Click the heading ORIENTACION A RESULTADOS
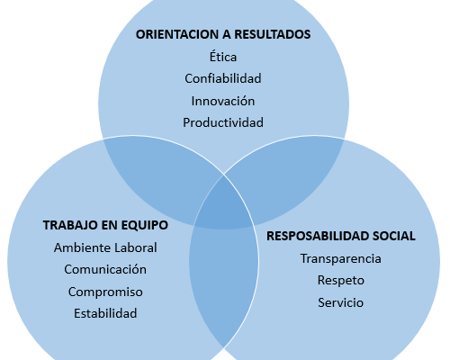[223, 34]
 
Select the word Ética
[223, 57]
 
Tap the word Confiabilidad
[223, 78]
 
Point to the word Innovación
[223, 101]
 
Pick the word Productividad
[223, 122]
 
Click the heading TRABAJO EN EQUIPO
[105, 225]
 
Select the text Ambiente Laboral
[105, 247]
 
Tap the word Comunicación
[105, 269]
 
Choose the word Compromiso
[105, 292]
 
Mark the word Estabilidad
[105, 313]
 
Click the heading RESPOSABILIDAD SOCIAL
[341, 236]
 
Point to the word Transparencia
[341, 258]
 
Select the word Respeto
[341, 280]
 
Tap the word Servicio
[341, 302]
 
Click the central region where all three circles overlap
[223, 204]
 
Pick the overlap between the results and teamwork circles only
[162, 180]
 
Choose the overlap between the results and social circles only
[285, 180]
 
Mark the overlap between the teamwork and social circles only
[223, 285]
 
